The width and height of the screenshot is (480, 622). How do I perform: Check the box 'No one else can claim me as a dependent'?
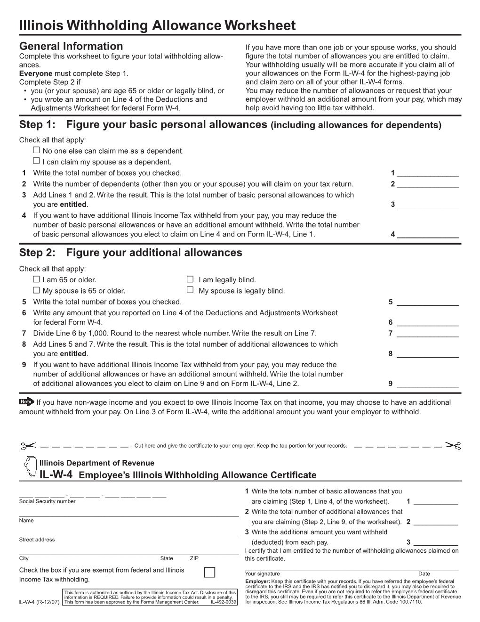(x=37, y=150)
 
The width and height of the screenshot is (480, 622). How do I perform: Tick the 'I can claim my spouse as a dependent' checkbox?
(x=37, y=161)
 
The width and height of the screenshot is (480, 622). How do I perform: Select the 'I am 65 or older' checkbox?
(x=37, y=279)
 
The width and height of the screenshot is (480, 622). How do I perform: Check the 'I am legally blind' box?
(x=190, y=279)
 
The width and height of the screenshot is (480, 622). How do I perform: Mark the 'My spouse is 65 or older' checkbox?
(x=37, y=290)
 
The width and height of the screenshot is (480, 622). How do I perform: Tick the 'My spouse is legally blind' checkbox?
(x=190, y=290)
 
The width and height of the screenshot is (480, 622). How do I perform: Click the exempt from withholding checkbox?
(x=209, y=573)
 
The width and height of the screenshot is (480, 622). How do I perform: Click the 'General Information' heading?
(x=71, y=46)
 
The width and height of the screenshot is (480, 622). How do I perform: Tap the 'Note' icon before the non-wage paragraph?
(x=26, y=402)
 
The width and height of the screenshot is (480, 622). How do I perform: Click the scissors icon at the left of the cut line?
(x=28, y=445)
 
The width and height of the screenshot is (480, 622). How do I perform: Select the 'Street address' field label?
(x=37, y=540)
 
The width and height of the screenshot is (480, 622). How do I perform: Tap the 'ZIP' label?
(x=194, y=558)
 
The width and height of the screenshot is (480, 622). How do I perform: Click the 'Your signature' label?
(x=262, y=573)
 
